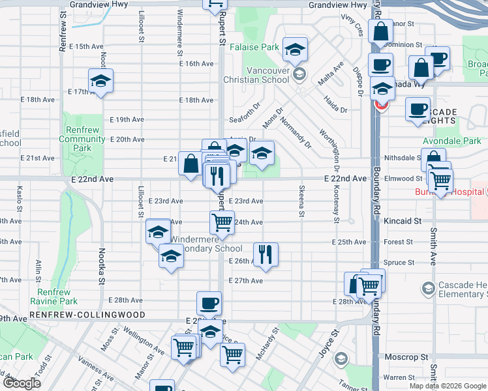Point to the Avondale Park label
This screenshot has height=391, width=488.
point(451,141)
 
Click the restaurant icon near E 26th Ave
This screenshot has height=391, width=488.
point(265,253)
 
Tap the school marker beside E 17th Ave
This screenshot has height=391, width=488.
point(101,81)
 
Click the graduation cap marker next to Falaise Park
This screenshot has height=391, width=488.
point(295,49)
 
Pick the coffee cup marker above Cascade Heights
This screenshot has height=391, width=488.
point(418,109)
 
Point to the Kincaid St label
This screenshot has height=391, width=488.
point(403,222)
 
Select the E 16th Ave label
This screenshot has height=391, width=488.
point(196,64)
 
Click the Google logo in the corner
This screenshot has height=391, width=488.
point(22,383)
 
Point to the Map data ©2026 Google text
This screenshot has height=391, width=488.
point(447,386)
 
